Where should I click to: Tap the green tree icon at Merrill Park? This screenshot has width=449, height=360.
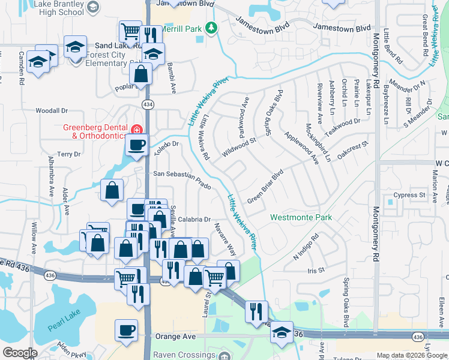[211, 28]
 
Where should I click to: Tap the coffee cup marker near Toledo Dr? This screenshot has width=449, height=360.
[137, 144]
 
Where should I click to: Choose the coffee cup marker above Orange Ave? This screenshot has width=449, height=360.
[127, 330]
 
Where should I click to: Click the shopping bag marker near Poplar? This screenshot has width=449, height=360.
[141, 74]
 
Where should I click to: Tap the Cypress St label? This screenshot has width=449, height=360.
[409, 195]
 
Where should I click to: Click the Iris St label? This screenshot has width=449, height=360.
[316, 270]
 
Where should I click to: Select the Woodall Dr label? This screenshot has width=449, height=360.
[52, 110]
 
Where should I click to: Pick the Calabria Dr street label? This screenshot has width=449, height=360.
[194, 220]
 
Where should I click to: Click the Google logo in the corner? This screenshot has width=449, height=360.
[20, 353]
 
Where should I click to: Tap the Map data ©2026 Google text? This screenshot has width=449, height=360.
[412, 355]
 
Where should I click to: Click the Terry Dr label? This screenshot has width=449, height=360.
[68, 154]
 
